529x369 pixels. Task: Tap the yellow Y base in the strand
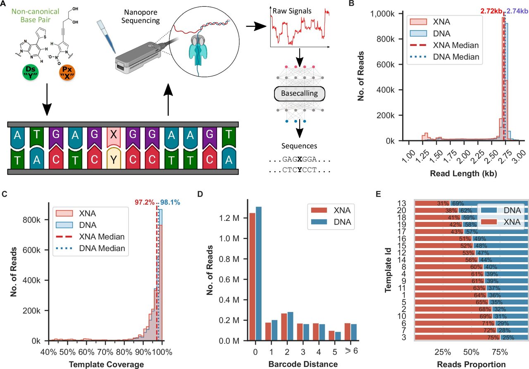point(114,158)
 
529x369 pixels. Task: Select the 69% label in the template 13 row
point(458,204)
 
